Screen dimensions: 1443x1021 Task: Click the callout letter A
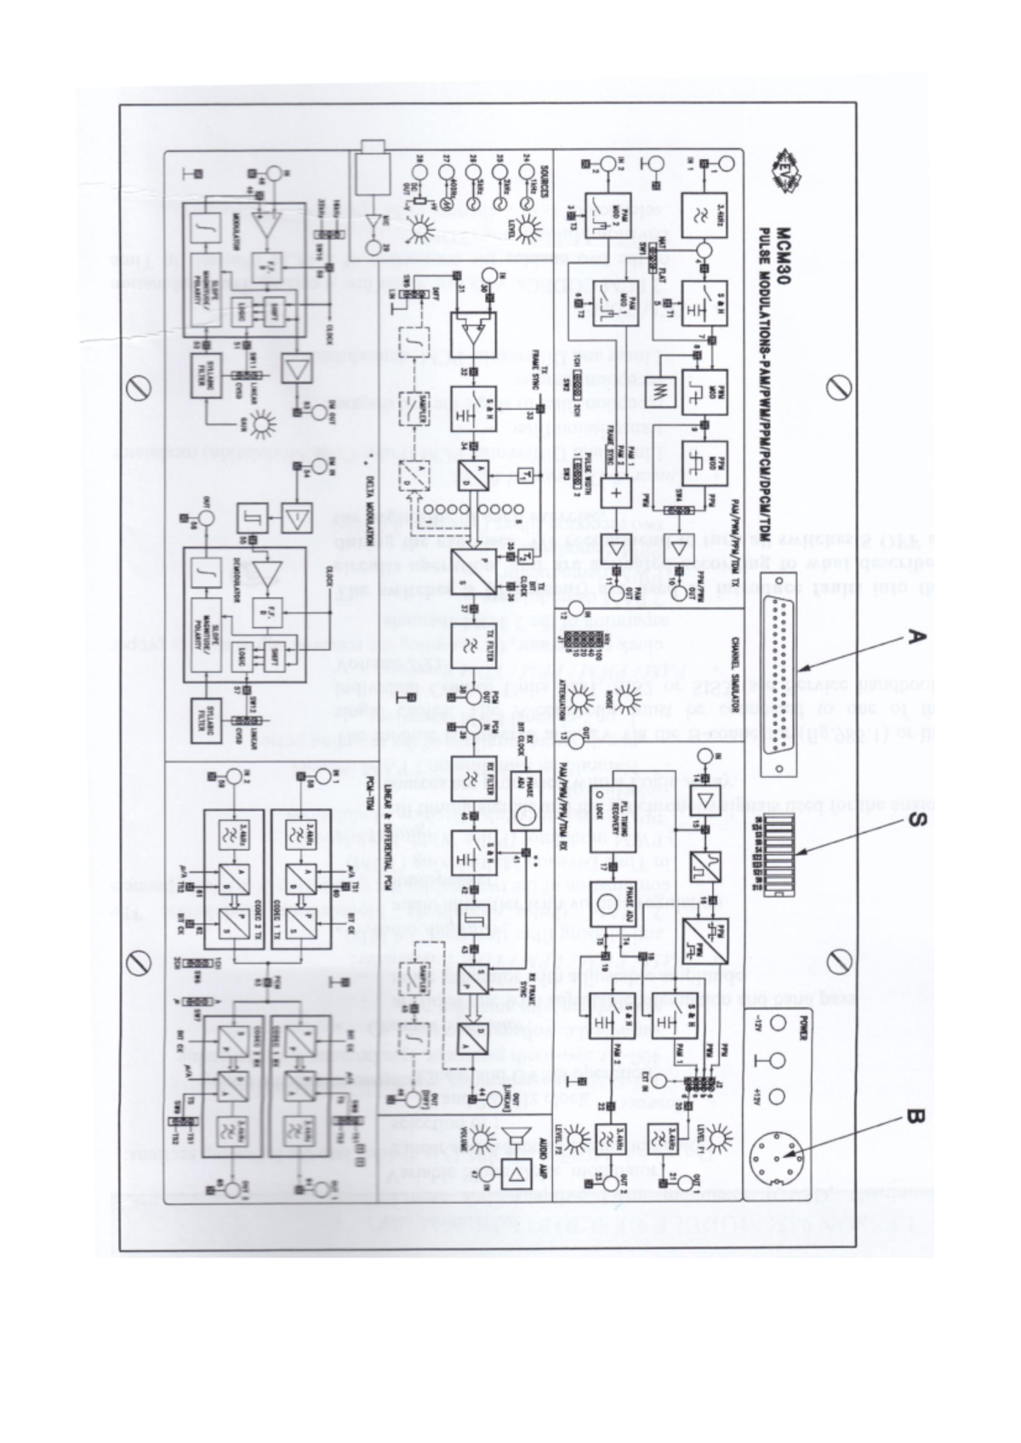click(x=914, y=636)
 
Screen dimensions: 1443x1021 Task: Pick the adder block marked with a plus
click(x=614, y=493)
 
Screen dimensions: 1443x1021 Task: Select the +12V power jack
click(x=777, y=1098)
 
